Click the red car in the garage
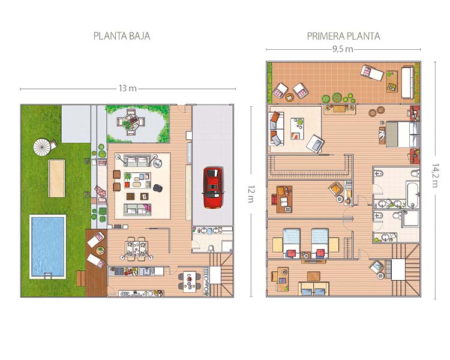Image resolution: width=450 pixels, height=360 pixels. click(213, 188)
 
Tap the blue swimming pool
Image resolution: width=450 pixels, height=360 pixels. click(48, 247)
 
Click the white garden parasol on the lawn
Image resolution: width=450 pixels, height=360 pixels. click(42, 147)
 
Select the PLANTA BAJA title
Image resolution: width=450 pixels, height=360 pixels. click(122, 36)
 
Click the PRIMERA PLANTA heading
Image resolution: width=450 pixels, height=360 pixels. click(344, 36)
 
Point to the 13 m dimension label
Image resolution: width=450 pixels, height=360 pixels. click(127, 88)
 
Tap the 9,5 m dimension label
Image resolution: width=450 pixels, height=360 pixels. click(343, 49)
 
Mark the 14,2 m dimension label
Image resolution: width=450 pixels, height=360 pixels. click(435, 175)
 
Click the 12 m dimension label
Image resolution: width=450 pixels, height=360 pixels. click(251, 194)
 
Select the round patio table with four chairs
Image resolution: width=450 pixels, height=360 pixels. click(131, 122)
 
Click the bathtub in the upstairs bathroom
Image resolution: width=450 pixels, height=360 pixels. click(413, 194)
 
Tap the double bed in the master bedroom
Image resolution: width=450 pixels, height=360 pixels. click(402, 134)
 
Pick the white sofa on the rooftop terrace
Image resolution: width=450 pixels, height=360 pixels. click(407, 82)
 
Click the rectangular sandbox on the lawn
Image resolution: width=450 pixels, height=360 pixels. click(56, 179)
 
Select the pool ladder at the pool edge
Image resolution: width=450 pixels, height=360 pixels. click(47, 277)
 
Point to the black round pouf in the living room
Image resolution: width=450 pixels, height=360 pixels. click(158, 188)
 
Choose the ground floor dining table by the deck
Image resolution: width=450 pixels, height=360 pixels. click(137, 248)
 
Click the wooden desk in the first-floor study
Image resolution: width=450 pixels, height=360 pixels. click(284, 199)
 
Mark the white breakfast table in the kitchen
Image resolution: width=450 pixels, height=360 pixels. click(190, 282)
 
